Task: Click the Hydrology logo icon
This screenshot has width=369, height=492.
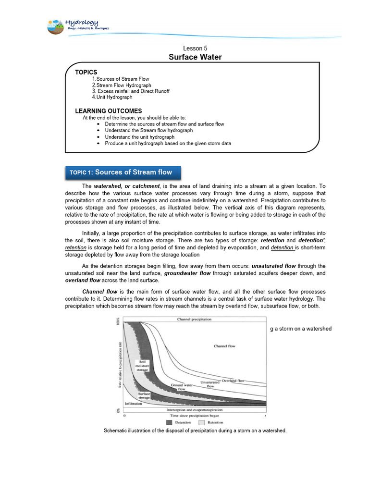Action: pos(57,27)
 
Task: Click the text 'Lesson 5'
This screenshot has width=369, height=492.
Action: pos(195,49)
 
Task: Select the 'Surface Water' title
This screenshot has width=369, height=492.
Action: pos(195,57)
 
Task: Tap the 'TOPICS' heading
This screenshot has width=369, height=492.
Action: pos(86,72)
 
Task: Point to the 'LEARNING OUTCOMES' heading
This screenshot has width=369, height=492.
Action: pos(108,111)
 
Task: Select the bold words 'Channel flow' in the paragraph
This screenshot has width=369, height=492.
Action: pos(97,292)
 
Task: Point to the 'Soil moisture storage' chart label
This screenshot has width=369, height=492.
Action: pos(143,366)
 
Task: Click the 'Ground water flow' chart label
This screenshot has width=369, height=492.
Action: pos(182,387)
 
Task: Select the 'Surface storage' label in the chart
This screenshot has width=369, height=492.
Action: pos(144,395)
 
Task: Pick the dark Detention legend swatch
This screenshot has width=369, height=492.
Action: pos(169,422)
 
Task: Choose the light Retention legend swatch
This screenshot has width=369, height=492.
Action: pos(202,422)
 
